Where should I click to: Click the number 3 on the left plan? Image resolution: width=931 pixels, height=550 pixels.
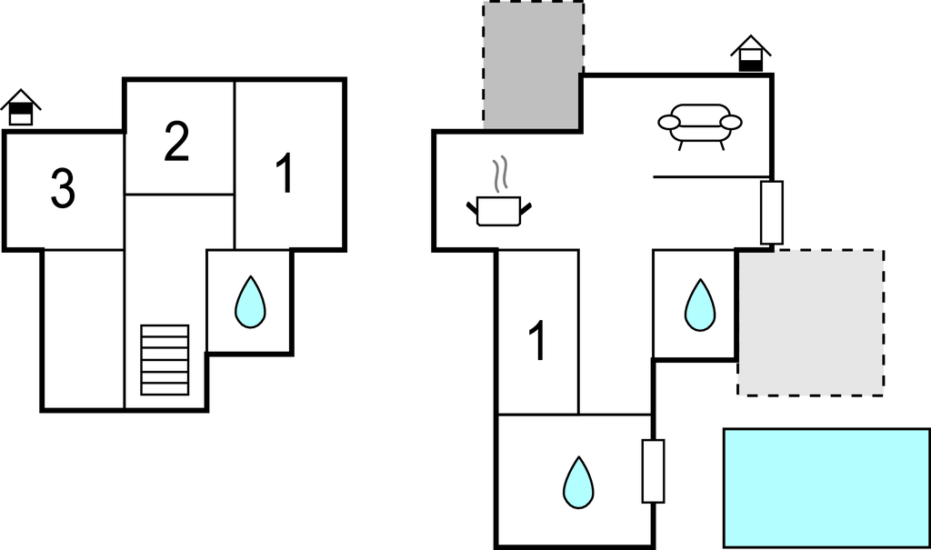63,189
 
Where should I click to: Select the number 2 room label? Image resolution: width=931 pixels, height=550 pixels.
176,141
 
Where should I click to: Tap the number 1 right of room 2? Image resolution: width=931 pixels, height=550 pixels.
285,173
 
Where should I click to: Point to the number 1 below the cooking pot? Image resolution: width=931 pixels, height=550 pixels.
536,340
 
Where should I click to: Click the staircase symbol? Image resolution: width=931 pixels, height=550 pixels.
165,360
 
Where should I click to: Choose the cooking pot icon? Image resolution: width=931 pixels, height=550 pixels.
499,211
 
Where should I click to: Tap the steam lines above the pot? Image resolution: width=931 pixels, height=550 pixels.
501,173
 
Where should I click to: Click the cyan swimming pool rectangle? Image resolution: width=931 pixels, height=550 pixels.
826,487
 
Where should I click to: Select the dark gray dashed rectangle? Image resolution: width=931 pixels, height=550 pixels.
533,65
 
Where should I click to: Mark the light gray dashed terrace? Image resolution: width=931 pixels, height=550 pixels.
810,323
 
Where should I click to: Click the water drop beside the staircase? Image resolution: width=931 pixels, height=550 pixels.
250,302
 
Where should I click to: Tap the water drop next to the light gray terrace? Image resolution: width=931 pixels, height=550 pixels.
700,305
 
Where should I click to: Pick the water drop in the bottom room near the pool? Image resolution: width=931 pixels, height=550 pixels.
578,483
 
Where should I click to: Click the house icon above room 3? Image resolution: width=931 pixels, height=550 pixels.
21,107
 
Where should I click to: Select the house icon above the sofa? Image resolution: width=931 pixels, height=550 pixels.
750,54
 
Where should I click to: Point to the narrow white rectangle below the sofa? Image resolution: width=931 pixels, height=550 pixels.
772,212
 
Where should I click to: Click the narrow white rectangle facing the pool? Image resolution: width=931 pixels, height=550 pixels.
653,471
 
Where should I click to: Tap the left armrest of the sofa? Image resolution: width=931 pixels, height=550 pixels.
669,123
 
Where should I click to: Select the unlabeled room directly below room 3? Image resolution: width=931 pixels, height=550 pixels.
83,330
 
